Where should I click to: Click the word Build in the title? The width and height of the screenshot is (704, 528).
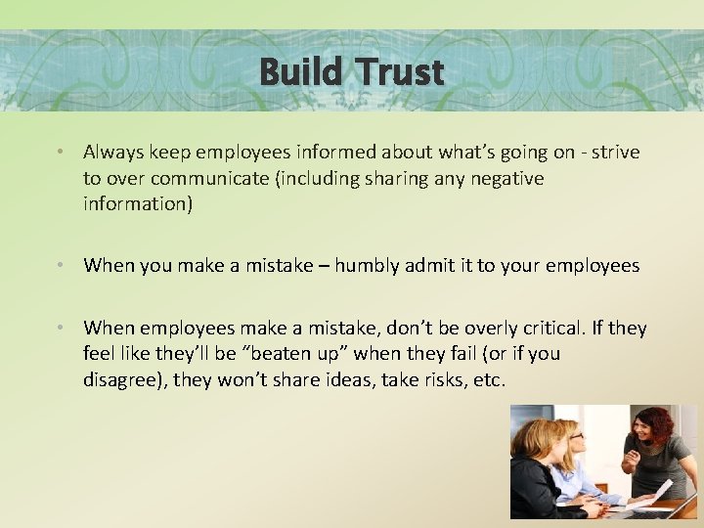(302, 71)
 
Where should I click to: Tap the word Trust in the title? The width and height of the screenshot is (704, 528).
(400, 71)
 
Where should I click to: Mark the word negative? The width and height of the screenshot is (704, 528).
(500, 179)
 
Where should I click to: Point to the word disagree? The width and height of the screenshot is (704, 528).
(123, 380)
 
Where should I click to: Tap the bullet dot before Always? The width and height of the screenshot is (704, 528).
(61, 153)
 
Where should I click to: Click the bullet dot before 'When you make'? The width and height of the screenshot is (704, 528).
(61, 266)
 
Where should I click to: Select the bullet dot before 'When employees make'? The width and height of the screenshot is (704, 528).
(61, 329)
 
